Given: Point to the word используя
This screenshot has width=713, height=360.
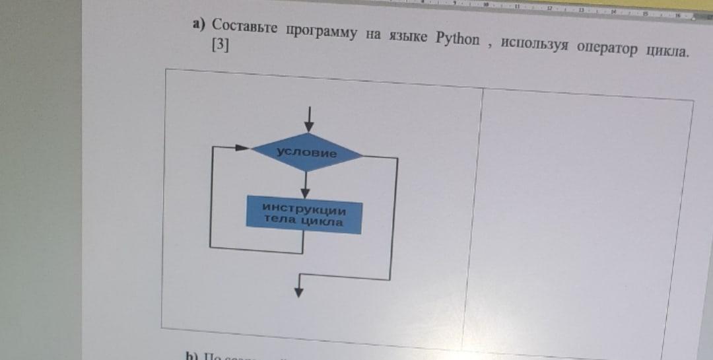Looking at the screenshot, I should [533, 44].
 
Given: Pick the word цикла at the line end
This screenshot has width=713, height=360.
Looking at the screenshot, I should [666, 52].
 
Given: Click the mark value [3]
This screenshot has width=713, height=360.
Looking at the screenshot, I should [220, 46].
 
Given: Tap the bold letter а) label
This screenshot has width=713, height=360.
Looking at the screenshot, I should [199, 24].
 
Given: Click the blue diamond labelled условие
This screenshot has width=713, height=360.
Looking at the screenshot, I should [306, 153].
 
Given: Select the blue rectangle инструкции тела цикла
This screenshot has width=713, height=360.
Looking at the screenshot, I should [304, 215].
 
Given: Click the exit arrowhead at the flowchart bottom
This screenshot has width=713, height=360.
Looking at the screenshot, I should [300, 289].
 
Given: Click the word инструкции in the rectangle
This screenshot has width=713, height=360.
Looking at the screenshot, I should [304, 210].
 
